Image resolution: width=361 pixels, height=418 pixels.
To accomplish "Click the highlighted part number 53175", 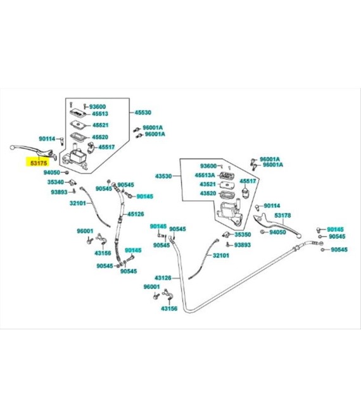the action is (39, 162).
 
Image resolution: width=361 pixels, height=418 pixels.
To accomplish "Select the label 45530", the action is (142, 113).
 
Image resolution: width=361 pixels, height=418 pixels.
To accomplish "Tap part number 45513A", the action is (205, 175).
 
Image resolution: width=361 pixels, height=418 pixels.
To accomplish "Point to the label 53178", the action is (282, 215).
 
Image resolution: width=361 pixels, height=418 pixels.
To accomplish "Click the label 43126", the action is (163, 278).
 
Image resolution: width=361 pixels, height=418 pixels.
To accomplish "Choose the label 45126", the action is (136, 214).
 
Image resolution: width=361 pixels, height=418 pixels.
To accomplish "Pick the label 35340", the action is (56, 182).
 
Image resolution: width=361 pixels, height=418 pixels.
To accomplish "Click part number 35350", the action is (243, 234).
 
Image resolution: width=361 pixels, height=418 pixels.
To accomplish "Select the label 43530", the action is (163, 176).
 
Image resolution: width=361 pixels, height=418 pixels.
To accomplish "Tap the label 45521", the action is (101, 125).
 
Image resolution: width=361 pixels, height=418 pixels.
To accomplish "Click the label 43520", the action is (208, 193).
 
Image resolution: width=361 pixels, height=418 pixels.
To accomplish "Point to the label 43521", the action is (208, 184).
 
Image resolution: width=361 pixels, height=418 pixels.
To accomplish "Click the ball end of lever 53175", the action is (12, 147).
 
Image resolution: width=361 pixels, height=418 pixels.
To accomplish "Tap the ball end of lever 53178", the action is (300, 236).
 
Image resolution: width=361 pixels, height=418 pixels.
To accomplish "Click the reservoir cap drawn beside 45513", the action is (78, 113).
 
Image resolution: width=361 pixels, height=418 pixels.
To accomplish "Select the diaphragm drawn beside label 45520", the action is (78, 136).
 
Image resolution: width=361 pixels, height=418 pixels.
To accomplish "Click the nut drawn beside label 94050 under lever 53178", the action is (263, 232).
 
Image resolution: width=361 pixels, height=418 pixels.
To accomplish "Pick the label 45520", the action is (100, 137).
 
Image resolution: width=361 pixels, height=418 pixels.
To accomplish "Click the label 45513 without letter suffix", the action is (100, 114).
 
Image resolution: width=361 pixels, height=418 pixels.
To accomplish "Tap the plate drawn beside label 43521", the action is (227, 184).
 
